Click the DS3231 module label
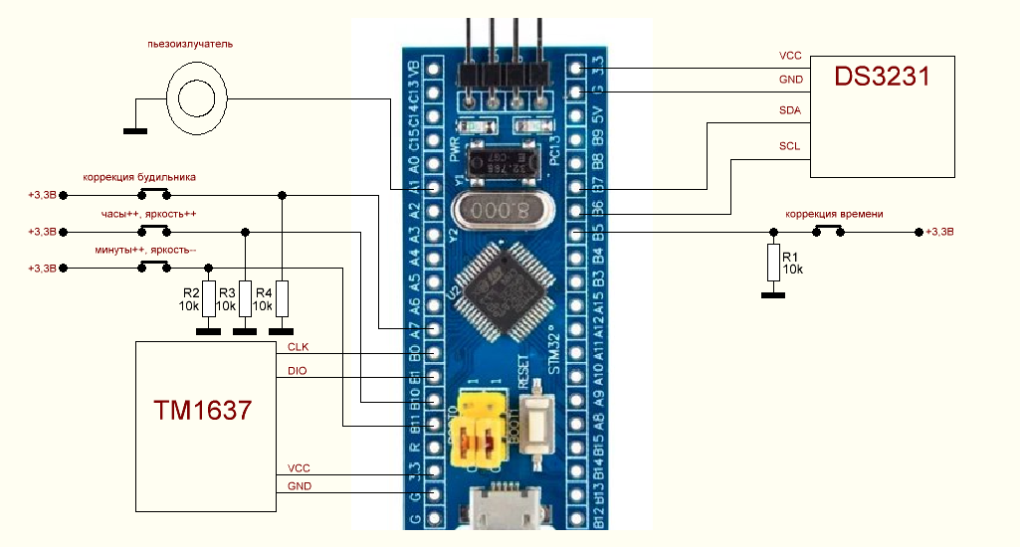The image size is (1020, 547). tap(883, 77)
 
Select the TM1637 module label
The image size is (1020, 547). tap(202, 409)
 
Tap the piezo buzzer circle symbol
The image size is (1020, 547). tap(196, 95)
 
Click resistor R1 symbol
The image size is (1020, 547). tap(773, 263)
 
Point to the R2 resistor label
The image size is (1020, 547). tap(189, 292)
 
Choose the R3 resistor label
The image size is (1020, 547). tap(226, 292)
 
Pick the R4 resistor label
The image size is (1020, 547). tap(263, 292)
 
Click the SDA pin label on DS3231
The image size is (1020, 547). tap(791, 110)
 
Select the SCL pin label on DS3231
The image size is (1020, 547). tap(790, 146)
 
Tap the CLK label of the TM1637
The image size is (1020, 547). tap(298, 347)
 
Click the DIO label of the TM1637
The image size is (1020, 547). tap(297, 371)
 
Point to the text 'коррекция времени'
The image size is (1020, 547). tap(834, 214)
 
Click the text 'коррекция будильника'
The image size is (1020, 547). tap(139, 177)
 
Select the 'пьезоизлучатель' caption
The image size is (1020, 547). tap(189, 44)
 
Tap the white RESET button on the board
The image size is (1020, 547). tap(535, 427)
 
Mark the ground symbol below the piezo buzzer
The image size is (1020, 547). tap(134, 130)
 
